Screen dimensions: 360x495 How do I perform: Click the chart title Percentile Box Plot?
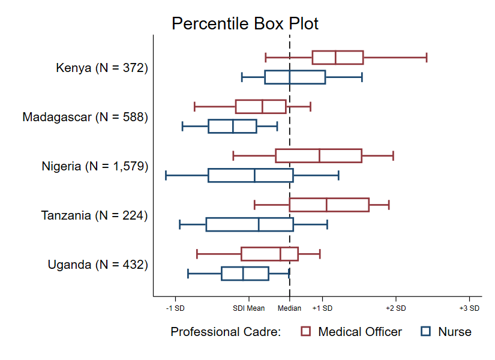pos(245,23)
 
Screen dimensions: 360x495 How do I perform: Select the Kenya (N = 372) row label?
pos(101,68)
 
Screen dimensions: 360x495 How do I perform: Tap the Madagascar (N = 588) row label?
pos(85,117)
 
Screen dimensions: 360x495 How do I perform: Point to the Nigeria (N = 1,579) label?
pos(95,166)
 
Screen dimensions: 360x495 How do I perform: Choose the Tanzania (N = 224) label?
pos(94,215)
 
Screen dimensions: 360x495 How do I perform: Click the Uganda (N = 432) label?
pos(98,265)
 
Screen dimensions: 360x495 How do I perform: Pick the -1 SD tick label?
pos(175,308)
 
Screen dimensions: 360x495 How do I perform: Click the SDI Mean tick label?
pos(249,308)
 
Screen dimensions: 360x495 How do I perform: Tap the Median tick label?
pos(290,308)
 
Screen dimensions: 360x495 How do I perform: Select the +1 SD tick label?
pos(322,308)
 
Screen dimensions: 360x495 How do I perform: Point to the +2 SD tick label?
pos(396,308)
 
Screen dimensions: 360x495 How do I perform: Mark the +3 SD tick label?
pos(469,308)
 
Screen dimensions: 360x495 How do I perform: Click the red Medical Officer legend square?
pos(306,332)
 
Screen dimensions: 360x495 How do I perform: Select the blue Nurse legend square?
pos(426,332)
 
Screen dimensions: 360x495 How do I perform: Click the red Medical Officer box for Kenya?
pos(337,58)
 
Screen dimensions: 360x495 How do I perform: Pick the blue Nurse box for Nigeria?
pos(250,175)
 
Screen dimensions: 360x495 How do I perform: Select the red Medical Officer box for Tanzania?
pos(329,205)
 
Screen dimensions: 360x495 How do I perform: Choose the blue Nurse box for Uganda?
pos(245,273)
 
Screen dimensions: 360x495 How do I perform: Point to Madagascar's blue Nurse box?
pos(232,126)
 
